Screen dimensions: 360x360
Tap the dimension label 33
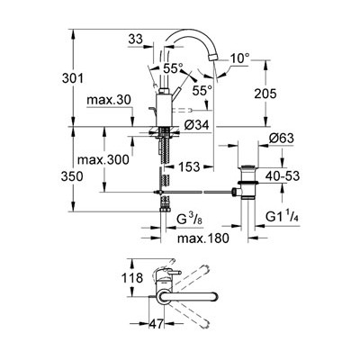pos(137,39)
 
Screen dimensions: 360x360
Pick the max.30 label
pos(112,100)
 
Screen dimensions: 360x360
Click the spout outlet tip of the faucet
pos(212,70)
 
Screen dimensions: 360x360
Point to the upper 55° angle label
pos(173,68)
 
